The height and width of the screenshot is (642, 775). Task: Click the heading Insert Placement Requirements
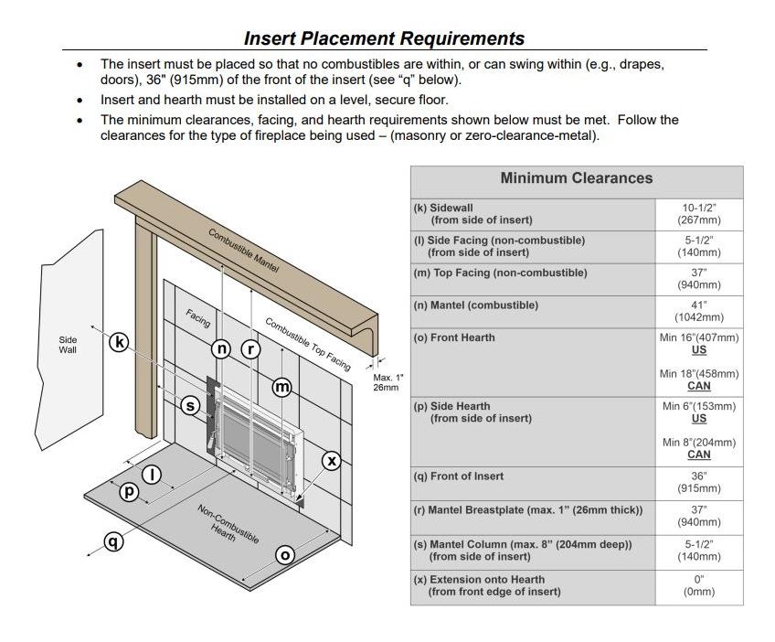(x=384, y=38)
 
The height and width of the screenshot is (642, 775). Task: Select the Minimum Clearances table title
(x=576, y=178)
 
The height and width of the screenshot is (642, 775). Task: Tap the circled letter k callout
(x=119, y=342)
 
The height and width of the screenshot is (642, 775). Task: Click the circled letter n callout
(x=222, y=348)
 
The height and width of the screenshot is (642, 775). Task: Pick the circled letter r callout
(x=250, y=348)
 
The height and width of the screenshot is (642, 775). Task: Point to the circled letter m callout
(x=283, y=387)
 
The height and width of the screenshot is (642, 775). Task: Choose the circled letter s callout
(x=190, y=405)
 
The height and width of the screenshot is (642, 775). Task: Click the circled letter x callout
(x=332, y=461)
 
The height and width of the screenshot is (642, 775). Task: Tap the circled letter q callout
(x=112, y=541)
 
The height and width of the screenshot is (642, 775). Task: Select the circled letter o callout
(x=285, y=554)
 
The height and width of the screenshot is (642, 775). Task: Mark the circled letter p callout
(x=129, y=491)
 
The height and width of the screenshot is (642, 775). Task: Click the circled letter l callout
(x=153, y=474)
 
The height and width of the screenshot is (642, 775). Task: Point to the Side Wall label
(x=68, y=344)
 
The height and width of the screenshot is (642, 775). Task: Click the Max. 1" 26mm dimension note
(x=387, y=382)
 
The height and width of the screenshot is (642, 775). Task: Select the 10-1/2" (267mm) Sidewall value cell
(x=698, y=214)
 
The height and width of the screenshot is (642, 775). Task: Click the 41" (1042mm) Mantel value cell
(x=698, y=311)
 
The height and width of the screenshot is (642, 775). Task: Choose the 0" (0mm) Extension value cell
(x=698, y=585)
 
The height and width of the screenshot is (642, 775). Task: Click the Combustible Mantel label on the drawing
(x=243, y=250)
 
